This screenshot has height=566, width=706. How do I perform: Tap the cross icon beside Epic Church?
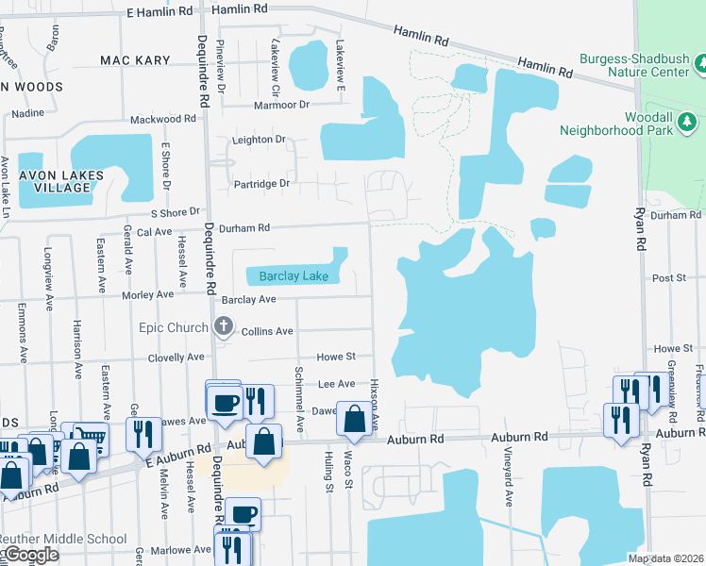click(x=224, y=327)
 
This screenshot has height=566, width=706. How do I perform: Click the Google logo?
click(x=30, y=556)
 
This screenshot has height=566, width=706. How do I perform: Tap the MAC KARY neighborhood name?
click(x=135, y=60)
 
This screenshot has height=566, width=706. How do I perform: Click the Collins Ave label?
click(x=267, y=331)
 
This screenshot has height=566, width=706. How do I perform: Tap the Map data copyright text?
click(x=665, y=558)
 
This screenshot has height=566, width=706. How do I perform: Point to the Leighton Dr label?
click(x=260, y=140)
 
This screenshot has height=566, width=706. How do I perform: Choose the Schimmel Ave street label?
click(x=298, y=387)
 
